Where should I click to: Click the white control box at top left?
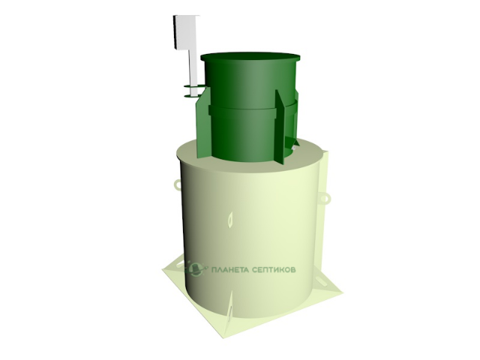tap(186, 32)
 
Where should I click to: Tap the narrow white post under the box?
tap(194, 72)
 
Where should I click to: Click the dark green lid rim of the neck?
tap(250, 57)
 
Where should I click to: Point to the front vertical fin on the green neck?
tap(280, 128)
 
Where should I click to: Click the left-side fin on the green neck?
tap(202, 122)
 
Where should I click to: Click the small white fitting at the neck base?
tap(294, 148)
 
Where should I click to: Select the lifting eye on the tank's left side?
tap(178, 184)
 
